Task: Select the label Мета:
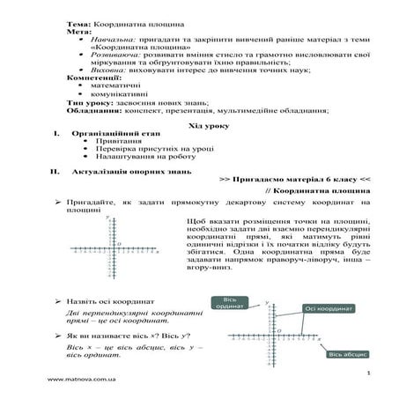tap(77, 30)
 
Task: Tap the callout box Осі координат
tap(327, 308)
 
